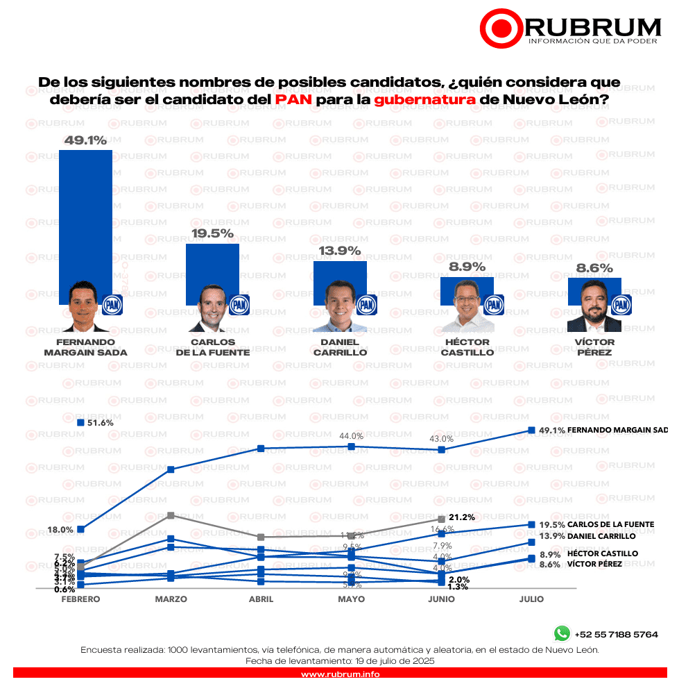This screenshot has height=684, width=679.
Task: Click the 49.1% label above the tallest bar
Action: [x=85, y=140]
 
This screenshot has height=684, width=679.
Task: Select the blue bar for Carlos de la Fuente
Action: [x=212, y=267]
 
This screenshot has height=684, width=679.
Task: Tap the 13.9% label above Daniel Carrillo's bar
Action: [x=340, y=251]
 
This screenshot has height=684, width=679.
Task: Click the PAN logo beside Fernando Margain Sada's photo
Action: [x=112, y=304]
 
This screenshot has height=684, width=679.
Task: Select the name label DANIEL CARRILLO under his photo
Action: [x=340, y=347]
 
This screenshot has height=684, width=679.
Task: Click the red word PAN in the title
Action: [x=292, y=99]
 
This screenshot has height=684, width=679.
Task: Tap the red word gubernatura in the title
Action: [x=425, y=99]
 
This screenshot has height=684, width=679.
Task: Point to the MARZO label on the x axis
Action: [x=171, y=599]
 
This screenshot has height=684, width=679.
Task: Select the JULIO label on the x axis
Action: [x=531, y=599]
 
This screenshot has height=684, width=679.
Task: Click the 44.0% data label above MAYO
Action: [x=351, y=435]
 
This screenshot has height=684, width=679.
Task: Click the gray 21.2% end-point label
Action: [x=461, y=517]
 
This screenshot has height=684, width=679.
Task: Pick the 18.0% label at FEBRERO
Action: [x=60, y=529]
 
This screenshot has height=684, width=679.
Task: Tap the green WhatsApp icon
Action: [x=561, y=633]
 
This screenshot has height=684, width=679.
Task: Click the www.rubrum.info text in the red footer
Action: [x=340, y=674]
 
